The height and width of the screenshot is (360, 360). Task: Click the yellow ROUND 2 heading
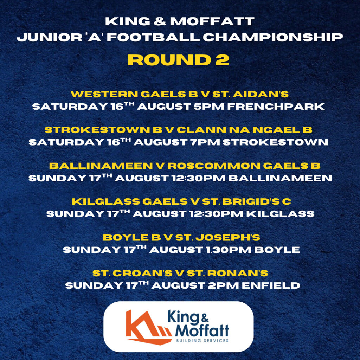178,60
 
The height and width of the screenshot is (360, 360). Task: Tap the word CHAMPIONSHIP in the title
273,37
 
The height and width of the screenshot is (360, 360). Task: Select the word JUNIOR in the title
50,37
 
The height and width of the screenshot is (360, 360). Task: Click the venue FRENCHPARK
276,107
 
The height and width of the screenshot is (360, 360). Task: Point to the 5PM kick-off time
209,107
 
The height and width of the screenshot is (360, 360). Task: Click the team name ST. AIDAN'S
250,94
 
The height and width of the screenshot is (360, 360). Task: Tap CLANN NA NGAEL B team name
245,130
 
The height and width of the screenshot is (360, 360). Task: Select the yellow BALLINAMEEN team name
101,166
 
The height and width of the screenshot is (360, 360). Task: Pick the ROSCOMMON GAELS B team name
244,166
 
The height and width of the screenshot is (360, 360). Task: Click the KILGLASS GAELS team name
130,201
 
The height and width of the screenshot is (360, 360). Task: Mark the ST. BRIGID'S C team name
246,201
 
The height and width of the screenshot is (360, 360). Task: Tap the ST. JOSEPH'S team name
218,237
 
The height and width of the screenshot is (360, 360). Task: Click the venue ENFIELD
271,285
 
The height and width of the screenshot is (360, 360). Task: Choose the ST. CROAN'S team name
132,273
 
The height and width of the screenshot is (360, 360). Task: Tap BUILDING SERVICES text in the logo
202,340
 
